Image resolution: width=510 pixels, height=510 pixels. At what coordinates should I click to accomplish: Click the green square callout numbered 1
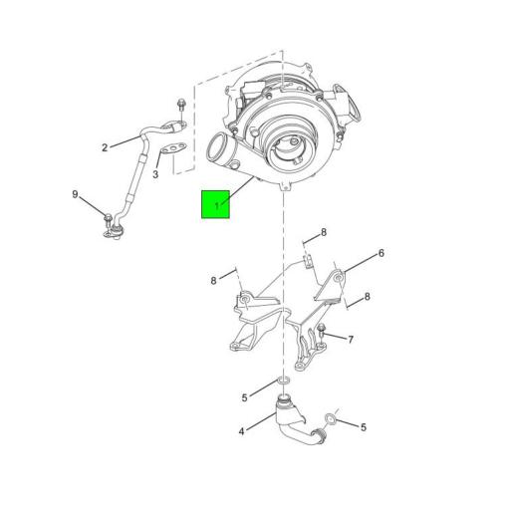tap(216, 204)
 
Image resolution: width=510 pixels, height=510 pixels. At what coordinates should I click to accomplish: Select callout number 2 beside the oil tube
tap(104, 148)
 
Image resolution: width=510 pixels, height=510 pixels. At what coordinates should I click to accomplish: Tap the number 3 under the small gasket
tap(155, 174)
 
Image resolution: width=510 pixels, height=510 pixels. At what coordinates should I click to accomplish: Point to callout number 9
tap(74, 194)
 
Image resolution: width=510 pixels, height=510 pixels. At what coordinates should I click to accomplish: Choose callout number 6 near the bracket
tap(381, 253)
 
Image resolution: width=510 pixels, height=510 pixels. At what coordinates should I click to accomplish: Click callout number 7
tap(350, 340)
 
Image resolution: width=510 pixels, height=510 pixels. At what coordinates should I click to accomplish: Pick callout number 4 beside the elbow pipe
tap(240, 430)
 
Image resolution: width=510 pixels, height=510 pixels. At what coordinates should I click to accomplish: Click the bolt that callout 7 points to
tap(323, 333)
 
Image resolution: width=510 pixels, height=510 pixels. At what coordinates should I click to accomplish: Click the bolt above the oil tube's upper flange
tap(179, 107)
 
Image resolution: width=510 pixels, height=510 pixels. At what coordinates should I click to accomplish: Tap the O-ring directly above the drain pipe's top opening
tap(283, 382)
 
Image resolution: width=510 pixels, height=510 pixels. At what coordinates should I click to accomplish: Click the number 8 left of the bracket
tap(213, 281)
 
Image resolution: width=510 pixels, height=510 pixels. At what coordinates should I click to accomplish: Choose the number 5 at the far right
tap(364, 427)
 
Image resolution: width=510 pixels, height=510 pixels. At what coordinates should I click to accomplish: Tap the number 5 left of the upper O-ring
tap(244, 397)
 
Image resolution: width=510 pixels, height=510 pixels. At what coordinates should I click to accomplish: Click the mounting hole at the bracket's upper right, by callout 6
tap(340, 276)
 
